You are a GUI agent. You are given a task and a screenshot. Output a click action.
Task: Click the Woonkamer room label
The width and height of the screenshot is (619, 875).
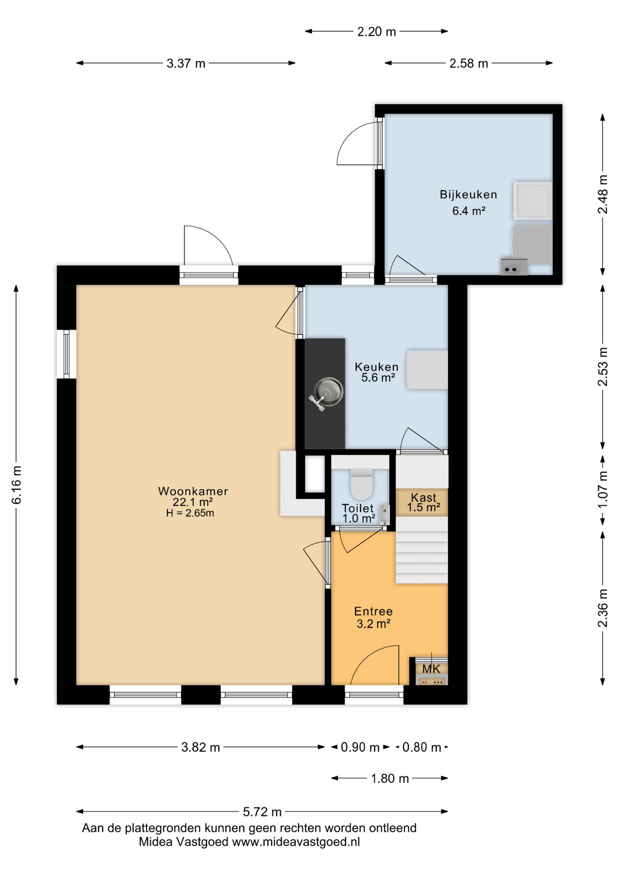click(x=193, y=491)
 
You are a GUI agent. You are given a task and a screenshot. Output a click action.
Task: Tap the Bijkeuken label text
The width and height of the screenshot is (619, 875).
click(x=468, y=195)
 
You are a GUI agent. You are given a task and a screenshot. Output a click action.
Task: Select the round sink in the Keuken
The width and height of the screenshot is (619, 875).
click(x=329, y=391)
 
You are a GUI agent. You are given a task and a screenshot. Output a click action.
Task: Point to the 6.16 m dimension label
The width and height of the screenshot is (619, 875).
click(x=16, y=485)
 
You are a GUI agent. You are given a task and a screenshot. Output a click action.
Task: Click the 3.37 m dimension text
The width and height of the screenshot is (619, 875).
click(x=186, y=63)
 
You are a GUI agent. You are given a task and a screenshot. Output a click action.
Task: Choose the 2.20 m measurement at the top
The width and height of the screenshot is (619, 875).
click(x=377, y=32)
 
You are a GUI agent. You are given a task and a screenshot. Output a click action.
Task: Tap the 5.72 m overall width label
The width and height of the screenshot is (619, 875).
click(x=262, y=812)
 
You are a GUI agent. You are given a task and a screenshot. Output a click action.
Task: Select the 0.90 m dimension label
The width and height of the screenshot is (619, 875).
click(x=360, y=747)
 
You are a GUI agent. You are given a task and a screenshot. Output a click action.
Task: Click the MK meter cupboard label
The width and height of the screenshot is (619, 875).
click(x=431, y=669)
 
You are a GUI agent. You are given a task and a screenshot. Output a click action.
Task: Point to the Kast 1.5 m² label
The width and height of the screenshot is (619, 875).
click(x=423, y=502)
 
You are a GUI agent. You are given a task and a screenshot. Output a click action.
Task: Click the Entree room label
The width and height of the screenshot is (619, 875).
click(x=373, y=612)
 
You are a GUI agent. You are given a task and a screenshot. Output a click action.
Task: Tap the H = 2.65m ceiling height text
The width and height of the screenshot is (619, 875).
click(x=190, y=513)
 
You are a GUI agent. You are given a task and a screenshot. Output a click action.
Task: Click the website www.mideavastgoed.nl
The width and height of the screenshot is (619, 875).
click(x=296, y=842)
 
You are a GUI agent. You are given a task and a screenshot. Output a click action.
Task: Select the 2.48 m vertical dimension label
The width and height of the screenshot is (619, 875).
click(x=603, y=194)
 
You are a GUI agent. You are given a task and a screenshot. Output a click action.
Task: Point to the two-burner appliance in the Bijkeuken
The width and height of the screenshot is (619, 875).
click(x=514, y=267)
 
